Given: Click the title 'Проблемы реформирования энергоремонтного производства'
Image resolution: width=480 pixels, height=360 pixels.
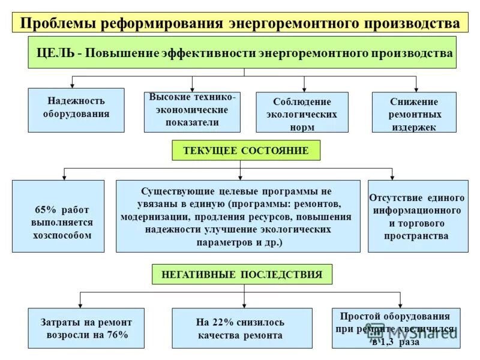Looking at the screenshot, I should pyautogui.click(x=240, y=23).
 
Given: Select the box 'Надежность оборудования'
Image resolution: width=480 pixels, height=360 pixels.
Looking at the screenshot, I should pyautogui.click(x=76, y=110).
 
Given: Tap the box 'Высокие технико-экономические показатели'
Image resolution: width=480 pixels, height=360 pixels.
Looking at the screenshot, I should pyautogui.click(x=192, y=112).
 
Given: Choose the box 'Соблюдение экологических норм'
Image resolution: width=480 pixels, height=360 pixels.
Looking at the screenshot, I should pyautogui.click(x=302, y=112).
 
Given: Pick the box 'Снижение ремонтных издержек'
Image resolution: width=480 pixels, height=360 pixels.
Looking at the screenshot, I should pyautogui.click(x=414, y=112).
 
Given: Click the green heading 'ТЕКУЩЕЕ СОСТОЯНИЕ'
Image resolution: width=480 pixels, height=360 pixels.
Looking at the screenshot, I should pyautogui.click(x=246, y=151).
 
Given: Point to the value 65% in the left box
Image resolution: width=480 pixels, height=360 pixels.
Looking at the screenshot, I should pyautogui.click(x=45, y=209).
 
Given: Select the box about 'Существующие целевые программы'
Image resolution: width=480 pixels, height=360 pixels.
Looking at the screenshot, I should pyautogui.click(x=238, y=216).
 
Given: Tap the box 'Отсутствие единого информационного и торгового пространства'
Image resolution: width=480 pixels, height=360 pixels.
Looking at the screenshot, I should pyautogui.click(x=418, y=216).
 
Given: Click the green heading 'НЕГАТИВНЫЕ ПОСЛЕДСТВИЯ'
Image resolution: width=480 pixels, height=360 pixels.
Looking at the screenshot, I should pyautogui.click(x=242, y=274).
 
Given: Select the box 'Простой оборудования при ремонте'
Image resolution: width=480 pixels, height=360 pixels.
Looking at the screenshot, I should pyautogui.click(x=396, y=328).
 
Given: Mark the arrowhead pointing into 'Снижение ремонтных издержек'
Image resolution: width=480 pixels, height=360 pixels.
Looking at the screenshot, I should pyautogui.click(x=416, y=88).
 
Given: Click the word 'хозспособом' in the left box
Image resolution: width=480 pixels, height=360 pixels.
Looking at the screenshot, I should pyautogui.click(x=62, y=235).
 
